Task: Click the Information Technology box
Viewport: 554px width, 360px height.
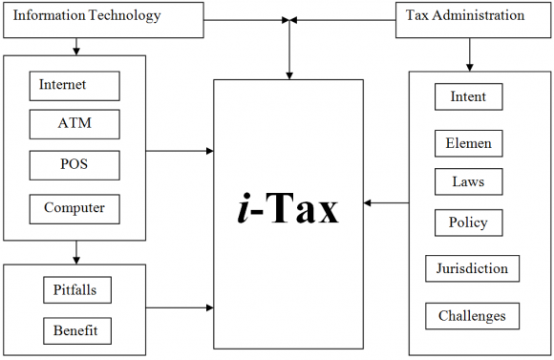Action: click(x=103, y=18)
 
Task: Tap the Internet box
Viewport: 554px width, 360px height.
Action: click(x=75, y=86)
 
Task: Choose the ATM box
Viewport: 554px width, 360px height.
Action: click(x=75, y=124)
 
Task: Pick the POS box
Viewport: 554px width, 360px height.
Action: click(x=75, y=165)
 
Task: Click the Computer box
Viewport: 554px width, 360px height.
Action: click(x=75, y=207)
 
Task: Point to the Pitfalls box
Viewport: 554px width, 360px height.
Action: click(x=77, y=289)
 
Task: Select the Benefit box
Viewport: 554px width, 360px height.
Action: click(x=77, y=330)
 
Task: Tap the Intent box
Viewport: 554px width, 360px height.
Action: click(x=468, y=96)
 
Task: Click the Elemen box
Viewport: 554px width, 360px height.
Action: click(x=468, y=143)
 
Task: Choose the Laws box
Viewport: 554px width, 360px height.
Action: click(x=468, y=181)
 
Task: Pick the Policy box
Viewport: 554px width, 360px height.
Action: click(x=468, y=222)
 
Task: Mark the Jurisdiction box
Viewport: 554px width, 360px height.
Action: click(x=473, y=268)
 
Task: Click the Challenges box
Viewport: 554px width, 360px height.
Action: click(x=473, y=316)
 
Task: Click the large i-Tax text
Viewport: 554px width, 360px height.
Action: click(x=288, y=209)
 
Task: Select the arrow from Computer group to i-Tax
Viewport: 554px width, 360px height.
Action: click(x=180, y=150)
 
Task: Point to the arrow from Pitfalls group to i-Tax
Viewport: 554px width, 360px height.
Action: click(x=180, y=307)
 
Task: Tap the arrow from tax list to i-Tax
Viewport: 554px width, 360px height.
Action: click(x=386, y=202)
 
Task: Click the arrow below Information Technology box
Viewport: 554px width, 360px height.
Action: click(x=75, y=45)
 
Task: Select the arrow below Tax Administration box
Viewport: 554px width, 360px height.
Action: click(x=468, y=53)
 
